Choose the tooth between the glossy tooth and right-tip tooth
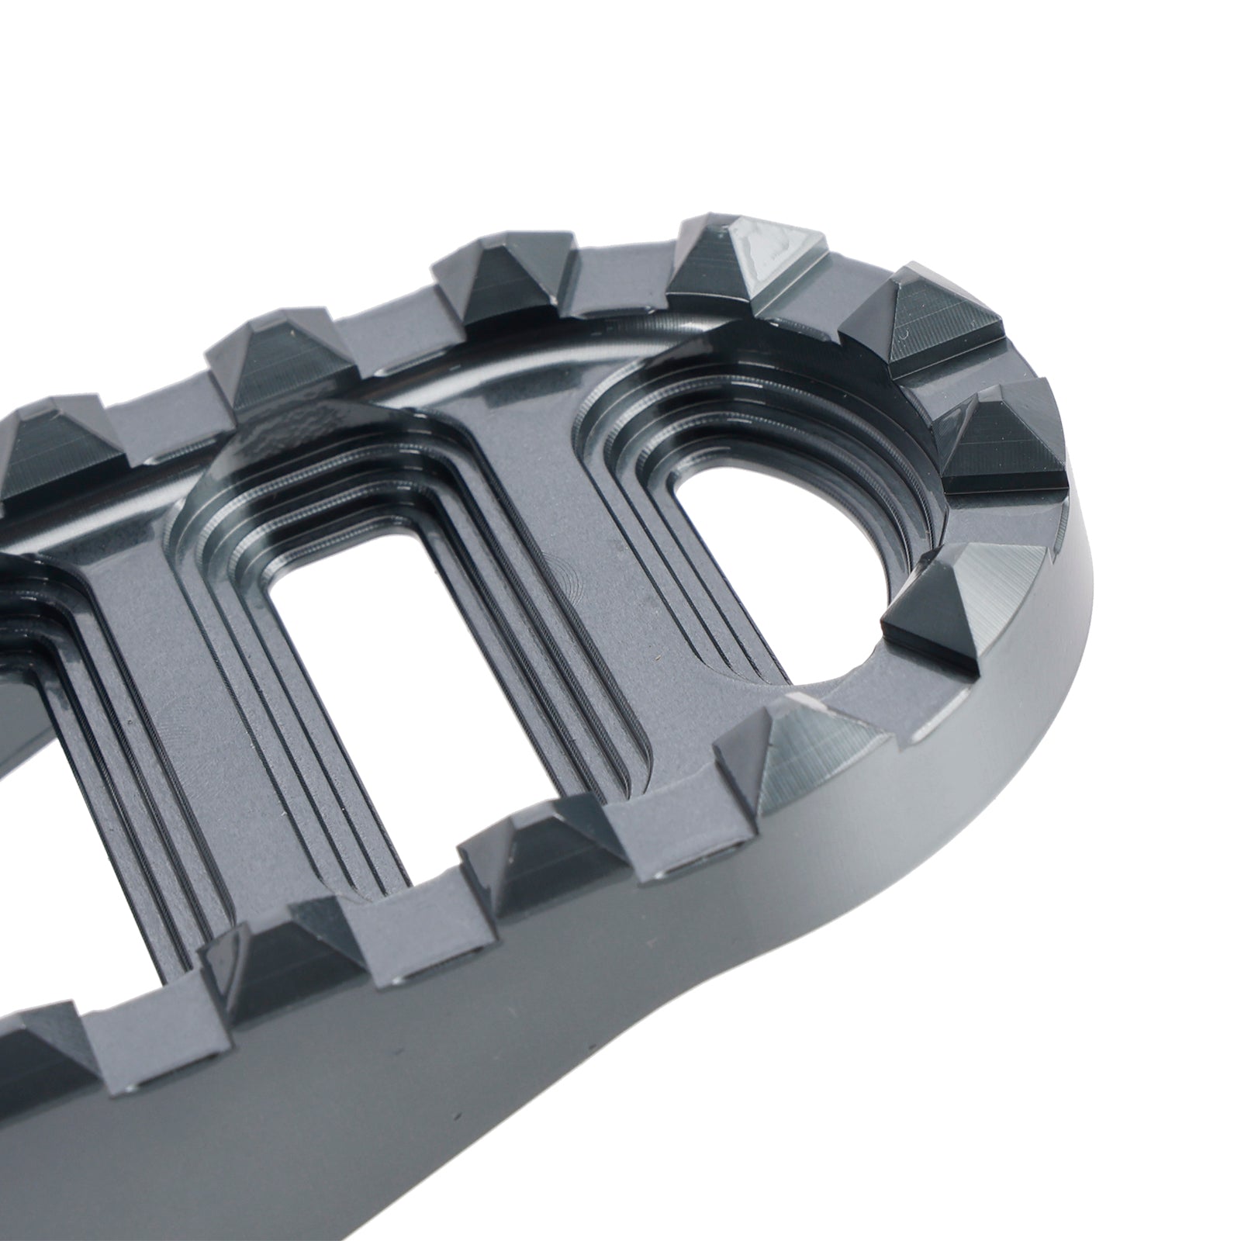tap(923, 318)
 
